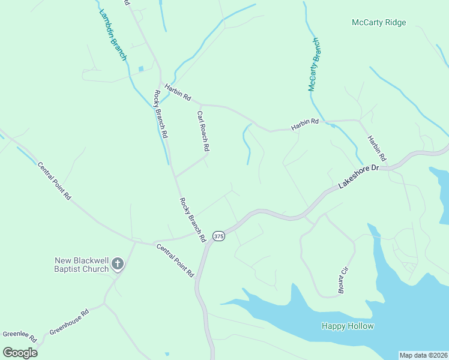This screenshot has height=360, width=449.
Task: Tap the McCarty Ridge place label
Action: pyautogui.click(x=379, y=23)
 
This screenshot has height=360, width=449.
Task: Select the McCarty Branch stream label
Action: pyautogui.click(x=315, y=65)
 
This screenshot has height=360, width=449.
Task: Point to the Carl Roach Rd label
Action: pyautogui.click(x=203, y=130)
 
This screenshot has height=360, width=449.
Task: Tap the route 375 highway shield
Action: pyautogui.click(x=218, y=236)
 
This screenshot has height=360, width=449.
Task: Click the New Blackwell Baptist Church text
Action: pyautogui.click(x=82, y=265)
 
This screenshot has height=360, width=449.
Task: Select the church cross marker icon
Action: pyautogui.click(x=118, y=264)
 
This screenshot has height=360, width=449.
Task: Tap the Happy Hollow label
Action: pyautogui.click(x=348, y=326)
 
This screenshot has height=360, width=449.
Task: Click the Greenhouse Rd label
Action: pyautogui.click(x=69, y=322)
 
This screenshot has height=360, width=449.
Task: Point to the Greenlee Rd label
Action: pyautogui.click(x=19, y=335)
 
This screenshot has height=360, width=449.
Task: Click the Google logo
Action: pyautogui.click(x=20, y=352)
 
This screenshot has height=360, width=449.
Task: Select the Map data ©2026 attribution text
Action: pyautogui.click(x=423, y=355)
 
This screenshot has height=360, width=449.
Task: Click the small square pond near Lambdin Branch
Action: pyautogui.click(x=141, y=69)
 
